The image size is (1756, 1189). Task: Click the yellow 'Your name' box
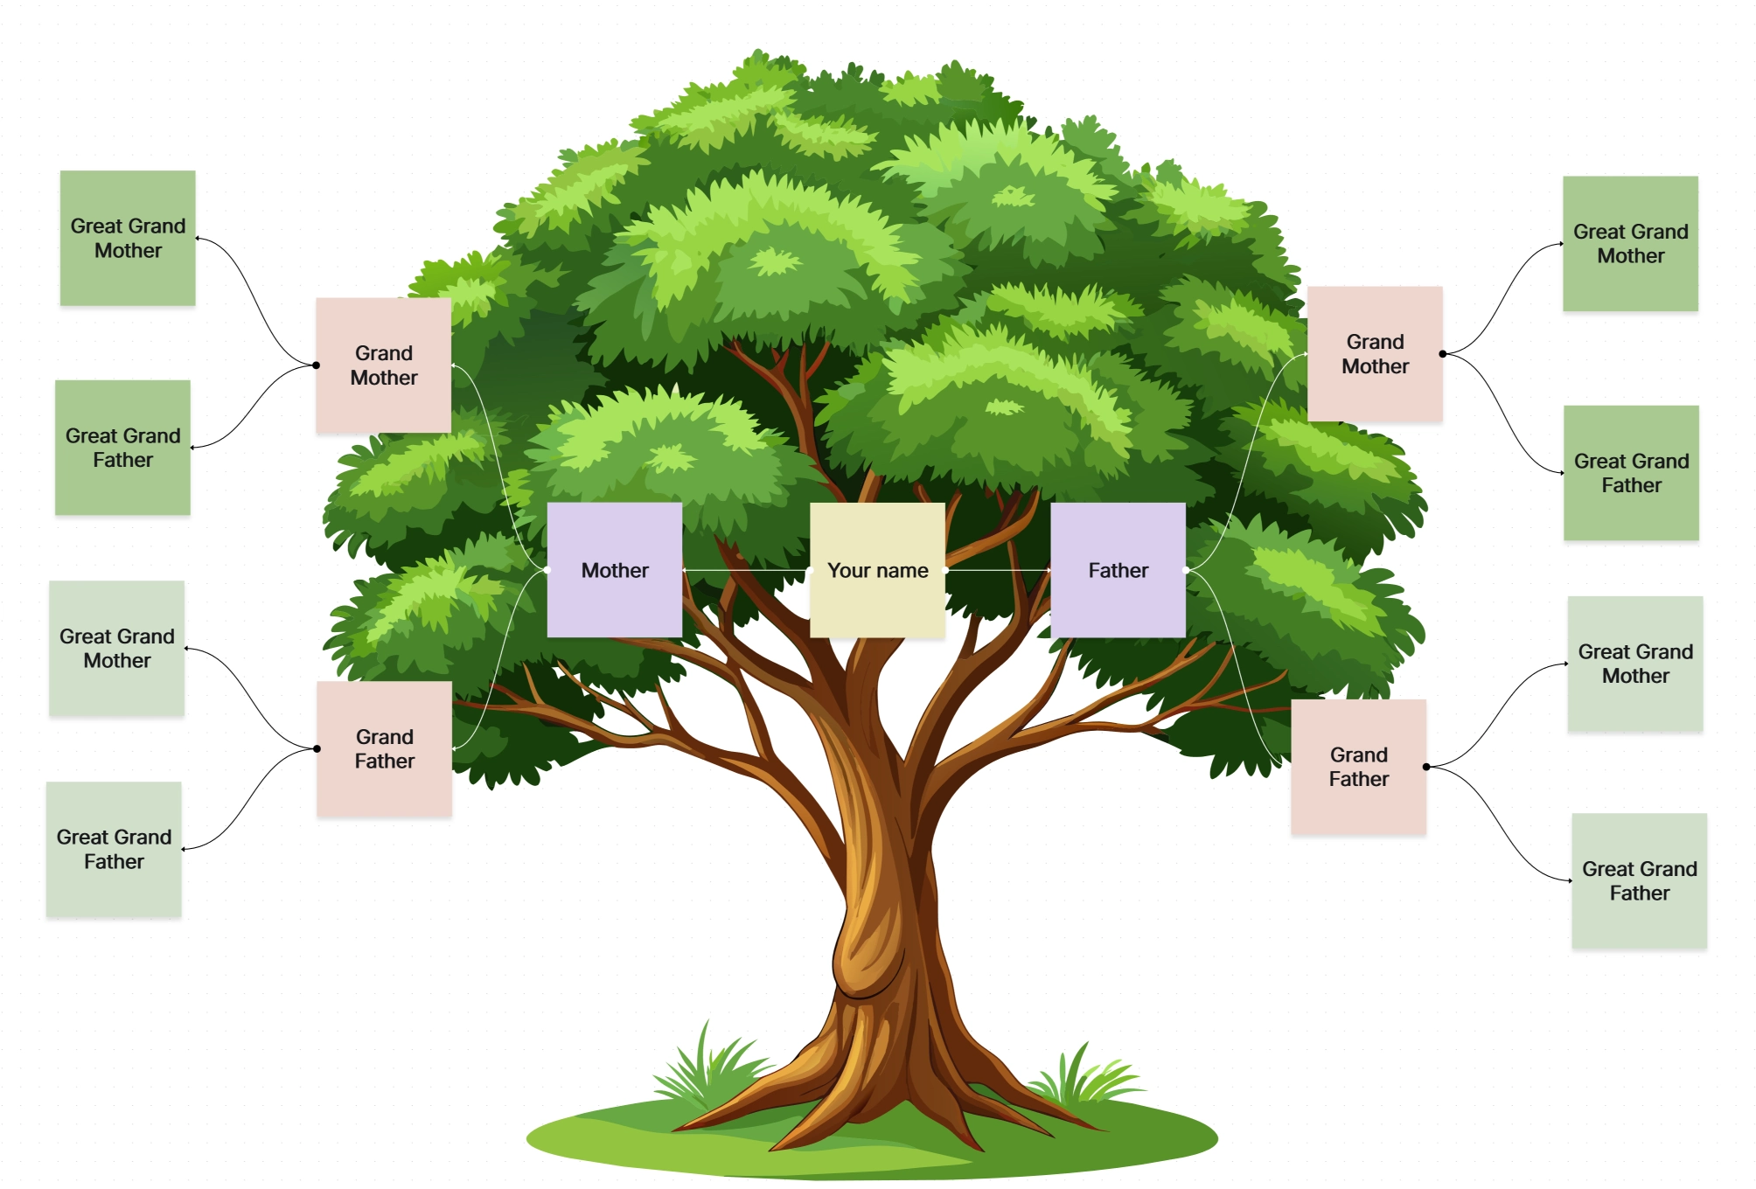pyautogui.click(x=877, y=569)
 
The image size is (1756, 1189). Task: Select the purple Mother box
pyautogui.click(x=614, y=569)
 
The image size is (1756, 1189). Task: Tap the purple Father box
pyautogui.click(x=1118, y=569)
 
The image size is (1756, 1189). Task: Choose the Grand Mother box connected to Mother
pyautogui.click(x=383, y=365)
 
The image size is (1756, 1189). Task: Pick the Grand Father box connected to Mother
pyautogui.click(x=384, y=748)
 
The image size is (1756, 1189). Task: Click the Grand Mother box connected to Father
pyautogui.click(x=1374, y=353)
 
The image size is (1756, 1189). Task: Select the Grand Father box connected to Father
pyautogui.click(x=1358, y=766)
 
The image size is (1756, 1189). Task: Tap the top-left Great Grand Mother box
pyautogui.click(x=128, y=238)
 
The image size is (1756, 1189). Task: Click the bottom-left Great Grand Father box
pyautogui.click(x=114, y=848)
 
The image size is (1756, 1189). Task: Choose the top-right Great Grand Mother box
pyautogui.click(x=1630, y=243)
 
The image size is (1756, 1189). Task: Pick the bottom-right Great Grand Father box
pyautogui.click(x=1639, y=880)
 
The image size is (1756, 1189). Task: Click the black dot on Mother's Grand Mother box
pyautogui.click(x=317, y=365)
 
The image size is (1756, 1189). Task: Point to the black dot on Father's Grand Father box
pyautogui.click(x=1426, y=767)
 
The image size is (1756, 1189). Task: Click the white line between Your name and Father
pyautogui.click(x=997, y=570)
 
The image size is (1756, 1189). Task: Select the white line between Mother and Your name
pyautogui.click(x=745, y=570)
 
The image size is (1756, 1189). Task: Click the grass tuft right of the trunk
pyautogui.click(x=1084, y=1080)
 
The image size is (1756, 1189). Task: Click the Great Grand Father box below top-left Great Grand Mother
pyautogui.click(x=122, y=447)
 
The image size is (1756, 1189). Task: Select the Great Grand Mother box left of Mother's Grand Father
pyautogui.click(x=116, y=648)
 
